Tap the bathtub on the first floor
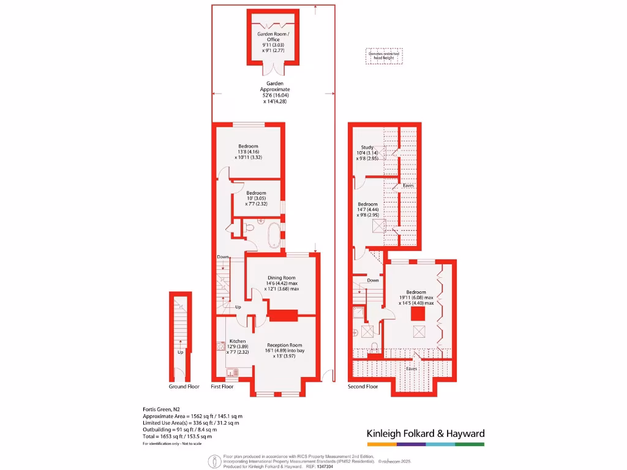(x=274, y=235)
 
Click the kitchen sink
(x=232, y=371)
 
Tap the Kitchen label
(x=238, y=341)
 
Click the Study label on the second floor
(x=367, y=147)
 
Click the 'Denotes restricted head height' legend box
(x=383, y=56)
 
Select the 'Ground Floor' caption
(x=184, y=387)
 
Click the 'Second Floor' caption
(x=363, y=387)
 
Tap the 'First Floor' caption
(x=222, y=387)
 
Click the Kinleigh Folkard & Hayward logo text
(x=425, y=433)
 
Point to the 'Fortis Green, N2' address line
(x=162, y=409)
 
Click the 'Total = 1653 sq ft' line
(x=177, y=436)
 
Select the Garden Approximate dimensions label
(x=274, y=92)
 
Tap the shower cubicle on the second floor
(x=358, y=315)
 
